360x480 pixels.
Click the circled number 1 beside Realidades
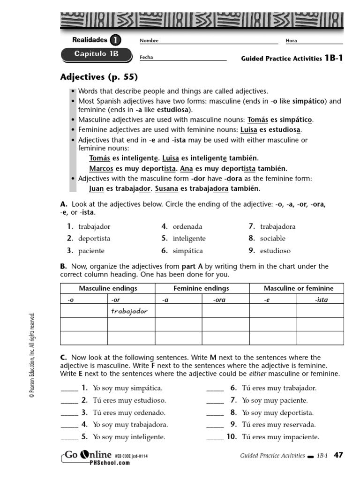(x=115, y=40)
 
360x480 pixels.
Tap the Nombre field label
(x=149, y=41)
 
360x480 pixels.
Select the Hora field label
(x=291, y=41)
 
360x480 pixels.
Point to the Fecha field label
(x=146, y=58)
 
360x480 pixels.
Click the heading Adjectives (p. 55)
(x=99, y=77)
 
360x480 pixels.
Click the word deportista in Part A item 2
(x=94, y=239)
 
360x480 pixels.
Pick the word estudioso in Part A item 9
(x=275, y=251)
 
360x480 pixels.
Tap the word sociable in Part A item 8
(x=273, y=239)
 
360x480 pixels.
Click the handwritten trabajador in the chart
(x=129, y=311)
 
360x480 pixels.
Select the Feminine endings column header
(x=201, y=288)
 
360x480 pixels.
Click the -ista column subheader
(x=321, y=300)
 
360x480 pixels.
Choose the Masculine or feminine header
(x=299, y=288)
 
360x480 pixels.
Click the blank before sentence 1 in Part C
(x=69, y=389)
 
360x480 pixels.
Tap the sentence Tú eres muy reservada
(x=279, y=425)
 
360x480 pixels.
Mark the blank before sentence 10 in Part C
(x=215, y=437)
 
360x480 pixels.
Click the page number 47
(x=338, y=455)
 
